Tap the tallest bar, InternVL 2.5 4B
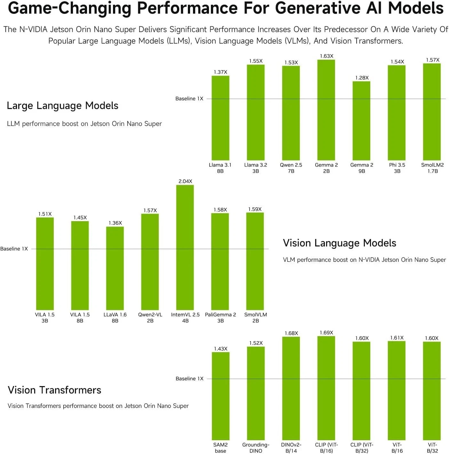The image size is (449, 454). [185, 247]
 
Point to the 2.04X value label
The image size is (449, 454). [185, 181]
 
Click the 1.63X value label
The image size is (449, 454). [326, 56]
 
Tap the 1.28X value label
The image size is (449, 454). [362, 78]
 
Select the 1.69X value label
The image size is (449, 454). [326, 333]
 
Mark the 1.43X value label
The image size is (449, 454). [220, 349]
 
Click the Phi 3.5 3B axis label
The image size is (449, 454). [397, 168]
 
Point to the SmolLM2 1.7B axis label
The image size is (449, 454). [432, 168]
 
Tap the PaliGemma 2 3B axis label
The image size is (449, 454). [220, 318]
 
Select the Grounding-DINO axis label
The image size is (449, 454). [256, 448]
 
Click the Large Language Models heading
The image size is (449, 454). [62, 105]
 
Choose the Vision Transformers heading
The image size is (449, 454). [54, 390]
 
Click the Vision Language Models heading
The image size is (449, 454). [339, 243]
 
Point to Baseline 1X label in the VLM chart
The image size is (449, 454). [14, 249]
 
